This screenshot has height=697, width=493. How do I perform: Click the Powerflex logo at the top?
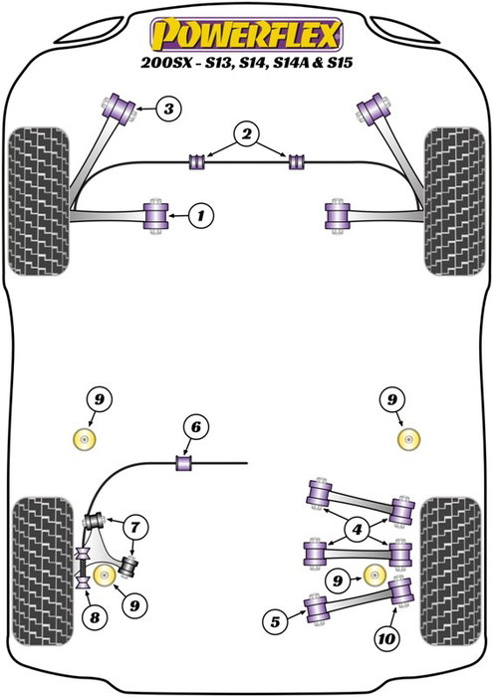pyautogui.click(x=245, y=37)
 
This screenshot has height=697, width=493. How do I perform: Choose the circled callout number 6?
pyautogui.click(x=195, y=428)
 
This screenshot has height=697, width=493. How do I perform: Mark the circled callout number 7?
pyautogui.click(x=131, y=525)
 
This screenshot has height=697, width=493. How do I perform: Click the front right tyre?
pyautogui.click(x=453, y=200)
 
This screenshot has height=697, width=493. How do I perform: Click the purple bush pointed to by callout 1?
pyautogui.click(x=156, y=213)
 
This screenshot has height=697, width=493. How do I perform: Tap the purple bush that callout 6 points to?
pyautogui.click(x=182, y=462)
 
